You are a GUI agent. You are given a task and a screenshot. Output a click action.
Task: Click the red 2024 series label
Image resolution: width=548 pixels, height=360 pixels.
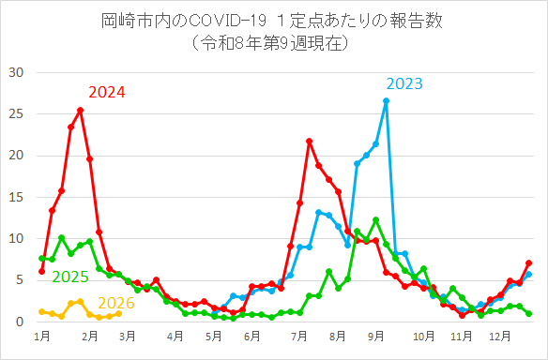click(x=107, y=92)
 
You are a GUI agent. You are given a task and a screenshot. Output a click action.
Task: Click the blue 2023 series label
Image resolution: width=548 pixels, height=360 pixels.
click(x=403, y=83)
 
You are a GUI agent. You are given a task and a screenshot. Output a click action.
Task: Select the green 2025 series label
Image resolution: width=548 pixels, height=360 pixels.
click(x=70, y=277)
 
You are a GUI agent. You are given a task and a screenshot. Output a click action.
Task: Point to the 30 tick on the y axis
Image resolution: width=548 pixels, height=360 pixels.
click(x=16, y=72)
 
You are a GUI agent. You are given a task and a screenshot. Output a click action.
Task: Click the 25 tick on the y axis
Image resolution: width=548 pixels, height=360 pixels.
click(x=16, y=113)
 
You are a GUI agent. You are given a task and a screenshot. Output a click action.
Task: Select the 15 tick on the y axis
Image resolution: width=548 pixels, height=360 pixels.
click(x=16, y=197)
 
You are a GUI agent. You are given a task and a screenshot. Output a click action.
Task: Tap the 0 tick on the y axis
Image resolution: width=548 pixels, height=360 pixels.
click(x=20, y=322)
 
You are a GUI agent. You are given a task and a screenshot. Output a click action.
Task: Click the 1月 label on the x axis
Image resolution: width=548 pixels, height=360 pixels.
click(x=41, y=335)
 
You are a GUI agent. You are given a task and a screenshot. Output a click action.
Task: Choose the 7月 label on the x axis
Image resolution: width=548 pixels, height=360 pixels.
click(x=299, y=335)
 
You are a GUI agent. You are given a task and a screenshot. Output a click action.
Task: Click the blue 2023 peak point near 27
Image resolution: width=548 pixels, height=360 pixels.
click(x=386, y=100)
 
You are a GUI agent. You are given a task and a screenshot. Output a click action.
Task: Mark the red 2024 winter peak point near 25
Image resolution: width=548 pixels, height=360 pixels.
click(x=80, y=110)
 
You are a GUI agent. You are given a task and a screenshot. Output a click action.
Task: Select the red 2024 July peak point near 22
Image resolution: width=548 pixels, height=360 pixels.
click(x=309, y=141)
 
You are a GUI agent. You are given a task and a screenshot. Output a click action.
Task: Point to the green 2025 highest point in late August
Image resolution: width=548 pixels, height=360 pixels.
click(x=375, y=219)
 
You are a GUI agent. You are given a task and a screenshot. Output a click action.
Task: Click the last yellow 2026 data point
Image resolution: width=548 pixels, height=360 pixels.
click(x=118, y=313)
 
